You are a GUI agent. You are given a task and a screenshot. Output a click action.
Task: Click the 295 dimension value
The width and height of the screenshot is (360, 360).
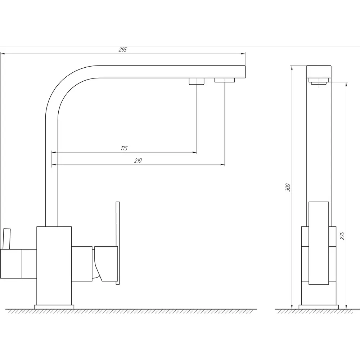(x=123, y=50)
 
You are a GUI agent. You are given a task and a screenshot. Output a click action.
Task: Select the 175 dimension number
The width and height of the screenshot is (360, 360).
(x=124, y=148)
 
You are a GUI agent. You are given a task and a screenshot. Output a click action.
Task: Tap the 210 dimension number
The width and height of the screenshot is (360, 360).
(x=138, y=161)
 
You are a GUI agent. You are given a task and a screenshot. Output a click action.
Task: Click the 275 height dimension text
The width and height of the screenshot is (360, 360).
(x=342, y=236)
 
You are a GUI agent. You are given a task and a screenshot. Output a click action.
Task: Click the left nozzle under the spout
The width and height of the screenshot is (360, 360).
(x=197, y=81)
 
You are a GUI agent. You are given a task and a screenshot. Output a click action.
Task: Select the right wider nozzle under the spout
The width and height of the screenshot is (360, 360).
(x=225, y=80)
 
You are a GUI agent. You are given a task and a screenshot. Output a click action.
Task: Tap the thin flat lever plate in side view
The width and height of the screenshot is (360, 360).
(x=118, y=243)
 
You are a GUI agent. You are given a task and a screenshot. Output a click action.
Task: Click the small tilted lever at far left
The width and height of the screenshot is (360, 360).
(x=6, y=239)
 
